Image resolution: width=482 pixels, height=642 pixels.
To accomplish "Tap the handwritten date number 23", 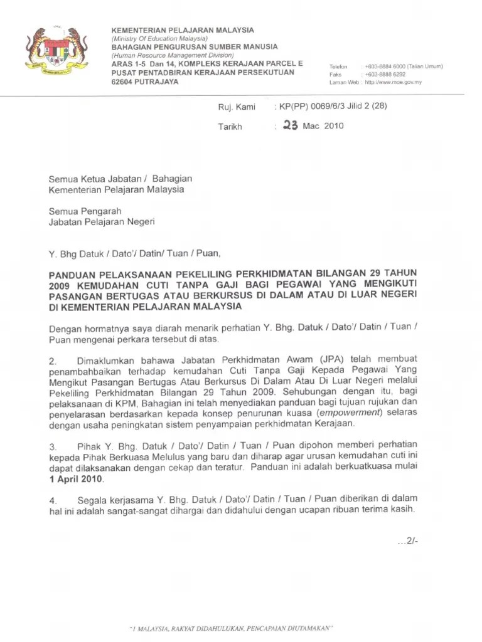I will (x=290, y=125).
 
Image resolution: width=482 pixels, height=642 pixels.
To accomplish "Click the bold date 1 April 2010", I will (x=77, y=479).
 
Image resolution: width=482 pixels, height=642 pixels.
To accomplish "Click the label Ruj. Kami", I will (x=237, y=107).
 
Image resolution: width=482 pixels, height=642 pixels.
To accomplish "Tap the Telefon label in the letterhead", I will (x=339, y=67).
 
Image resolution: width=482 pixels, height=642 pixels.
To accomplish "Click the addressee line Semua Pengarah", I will (x=85, y=211).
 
